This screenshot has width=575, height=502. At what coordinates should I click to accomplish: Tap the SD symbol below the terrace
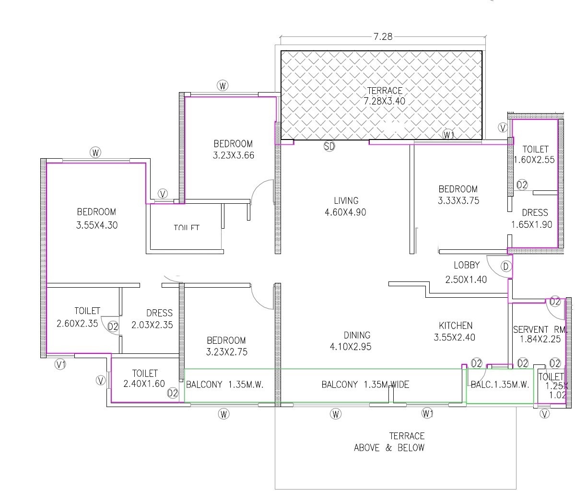tap(329, 146)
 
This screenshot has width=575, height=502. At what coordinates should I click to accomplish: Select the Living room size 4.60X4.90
tap(345, 212)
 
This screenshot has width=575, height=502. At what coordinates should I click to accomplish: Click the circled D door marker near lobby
tap(505, 266)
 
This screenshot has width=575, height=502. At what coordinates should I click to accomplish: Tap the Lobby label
tap(466, 265)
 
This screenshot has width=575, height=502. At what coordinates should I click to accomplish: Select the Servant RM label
tap(540, 329)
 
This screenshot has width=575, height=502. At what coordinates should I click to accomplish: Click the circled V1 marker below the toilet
tap(60, 364)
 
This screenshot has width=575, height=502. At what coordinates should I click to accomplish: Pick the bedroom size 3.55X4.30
tap(96, 225)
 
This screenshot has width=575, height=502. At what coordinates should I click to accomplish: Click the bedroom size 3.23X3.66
tap(233, 155)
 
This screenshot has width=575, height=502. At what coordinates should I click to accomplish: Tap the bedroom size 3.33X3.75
tap(458, 201)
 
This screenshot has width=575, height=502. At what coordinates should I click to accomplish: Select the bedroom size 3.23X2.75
tap(226, 352)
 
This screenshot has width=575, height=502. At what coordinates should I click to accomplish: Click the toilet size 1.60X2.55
tap(534, 160)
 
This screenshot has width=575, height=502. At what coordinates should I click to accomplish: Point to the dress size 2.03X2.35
tap(152, 325)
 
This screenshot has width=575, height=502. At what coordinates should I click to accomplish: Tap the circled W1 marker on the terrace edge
tap(448, 135)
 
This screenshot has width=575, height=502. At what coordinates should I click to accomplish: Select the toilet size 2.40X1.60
tap(144, 384)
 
